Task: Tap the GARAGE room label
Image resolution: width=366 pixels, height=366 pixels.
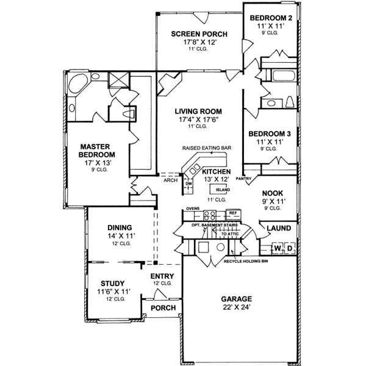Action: tap(237, 299)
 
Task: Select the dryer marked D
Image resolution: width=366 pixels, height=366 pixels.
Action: tap(290, 248)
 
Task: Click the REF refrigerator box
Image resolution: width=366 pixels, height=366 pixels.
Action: tap(232, 213)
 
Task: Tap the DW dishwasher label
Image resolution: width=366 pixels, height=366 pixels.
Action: tap(189, 183)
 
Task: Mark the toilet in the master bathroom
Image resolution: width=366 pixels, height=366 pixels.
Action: tap(129, 114)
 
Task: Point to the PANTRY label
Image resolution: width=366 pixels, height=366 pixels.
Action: tap(244, 179)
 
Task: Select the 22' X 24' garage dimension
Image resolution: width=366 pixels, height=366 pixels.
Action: tap(237, 308)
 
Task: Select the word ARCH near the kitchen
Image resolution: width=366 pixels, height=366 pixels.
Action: tap(170, 180)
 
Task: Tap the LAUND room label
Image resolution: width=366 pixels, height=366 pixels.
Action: tap(278, 228)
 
